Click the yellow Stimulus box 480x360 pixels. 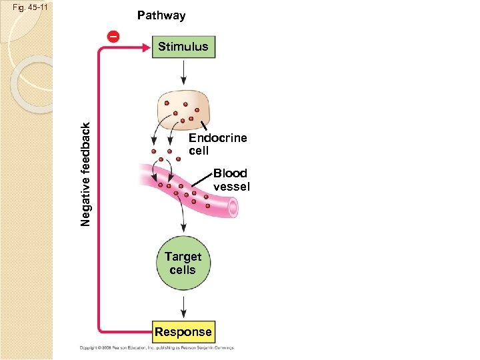[x=183, y=47]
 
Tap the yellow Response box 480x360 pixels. [x=183, y=332]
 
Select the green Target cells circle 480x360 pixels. [x=183, y=263]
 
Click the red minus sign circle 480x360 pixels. [x=114, y=36]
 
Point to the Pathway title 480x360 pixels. [x=161, y=15]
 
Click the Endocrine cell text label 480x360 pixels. [x=217, y=144]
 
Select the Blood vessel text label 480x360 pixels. [x=231, y=180]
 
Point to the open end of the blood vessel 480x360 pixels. [x=232, y=209]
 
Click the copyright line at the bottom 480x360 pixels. [x=152, y=347]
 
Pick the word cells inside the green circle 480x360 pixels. [x=183, y=270]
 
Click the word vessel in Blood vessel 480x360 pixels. [x=231, y=187]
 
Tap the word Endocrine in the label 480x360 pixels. [x=217, y=138]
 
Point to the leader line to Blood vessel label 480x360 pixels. [x=202, y=180]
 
